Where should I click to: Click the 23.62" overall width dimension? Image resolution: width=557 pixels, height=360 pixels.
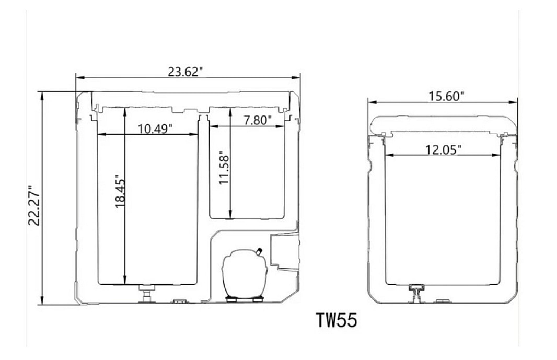[185, 72]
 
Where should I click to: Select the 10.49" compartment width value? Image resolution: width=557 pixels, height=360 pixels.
[155, 129]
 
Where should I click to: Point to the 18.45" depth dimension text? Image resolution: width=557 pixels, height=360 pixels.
[121, 191]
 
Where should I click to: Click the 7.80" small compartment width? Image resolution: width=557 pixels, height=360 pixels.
[258, 120]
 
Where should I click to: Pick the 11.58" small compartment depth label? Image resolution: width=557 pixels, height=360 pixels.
[224, 168]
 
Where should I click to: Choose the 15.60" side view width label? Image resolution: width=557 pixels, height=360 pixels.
[446, 96]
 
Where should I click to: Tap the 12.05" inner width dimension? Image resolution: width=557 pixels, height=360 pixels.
[443, 149]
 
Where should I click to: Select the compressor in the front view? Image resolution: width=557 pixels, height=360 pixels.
[243, 275]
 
